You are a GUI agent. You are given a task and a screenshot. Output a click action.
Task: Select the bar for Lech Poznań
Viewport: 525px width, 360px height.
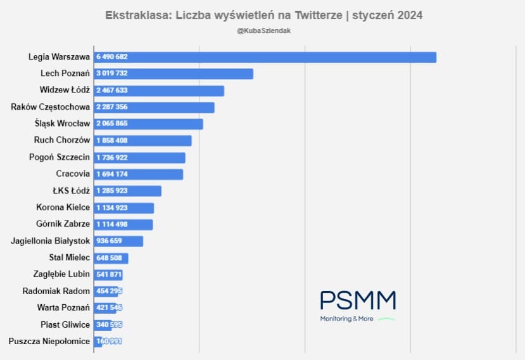pos(174,74)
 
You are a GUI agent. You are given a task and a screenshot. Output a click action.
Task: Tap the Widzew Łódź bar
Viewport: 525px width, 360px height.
pos(159,91)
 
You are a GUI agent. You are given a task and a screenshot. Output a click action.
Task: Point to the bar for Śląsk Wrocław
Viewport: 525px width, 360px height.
pos(148,124)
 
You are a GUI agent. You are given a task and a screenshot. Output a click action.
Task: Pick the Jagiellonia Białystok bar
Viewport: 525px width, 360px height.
pos(118,241)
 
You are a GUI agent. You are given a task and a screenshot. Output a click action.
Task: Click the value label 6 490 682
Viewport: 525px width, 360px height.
pos(111,57)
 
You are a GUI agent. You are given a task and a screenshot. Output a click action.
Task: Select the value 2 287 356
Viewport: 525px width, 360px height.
pos(111,107)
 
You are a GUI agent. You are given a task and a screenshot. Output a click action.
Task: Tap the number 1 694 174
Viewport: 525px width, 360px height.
pos(111,174)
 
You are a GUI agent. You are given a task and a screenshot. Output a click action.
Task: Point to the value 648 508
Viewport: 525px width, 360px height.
pos(109,258)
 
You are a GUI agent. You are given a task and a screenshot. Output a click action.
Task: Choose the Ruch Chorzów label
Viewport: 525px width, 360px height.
pos(62,140)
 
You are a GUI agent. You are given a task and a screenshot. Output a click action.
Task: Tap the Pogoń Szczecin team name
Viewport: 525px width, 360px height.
pos(60,157)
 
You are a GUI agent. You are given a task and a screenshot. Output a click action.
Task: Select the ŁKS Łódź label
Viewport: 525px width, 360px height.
pos(70,191)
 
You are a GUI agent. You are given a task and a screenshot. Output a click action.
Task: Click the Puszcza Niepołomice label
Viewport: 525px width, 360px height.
pos(49,342)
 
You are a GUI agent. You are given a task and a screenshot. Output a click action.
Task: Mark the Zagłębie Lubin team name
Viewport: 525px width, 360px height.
pos(61,274)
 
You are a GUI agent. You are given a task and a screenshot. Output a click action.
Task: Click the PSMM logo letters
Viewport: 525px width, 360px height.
pos(358,300)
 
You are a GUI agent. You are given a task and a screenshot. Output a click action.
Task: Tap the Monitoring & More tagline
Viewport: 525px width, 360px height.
pos(346,319)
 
